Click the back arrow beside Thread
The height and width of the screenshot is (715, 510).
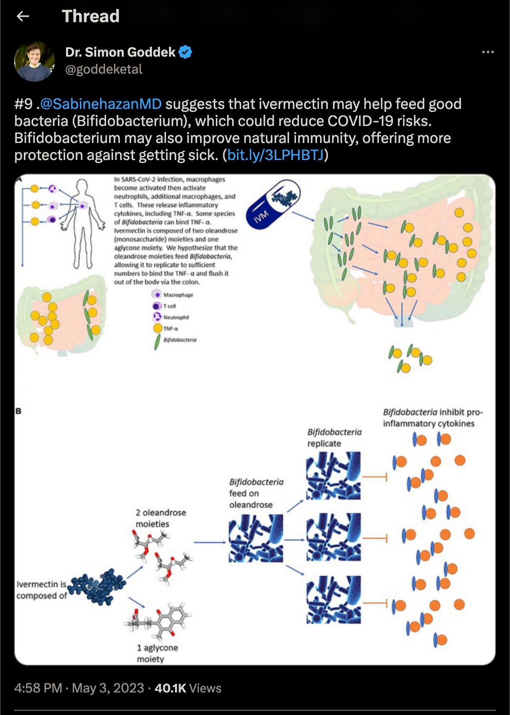[23, 17]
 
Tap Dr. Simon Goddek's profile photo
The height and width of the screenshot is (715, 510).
[34, 61]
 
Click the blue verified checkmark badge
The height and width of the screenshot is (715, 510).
[185, 52]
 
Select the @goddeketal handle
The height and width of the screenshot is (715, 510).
[104, 69]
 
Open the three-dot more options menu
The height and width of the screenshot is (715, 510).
[487, 52]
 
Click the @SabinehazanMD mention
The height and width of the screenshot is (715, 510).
[101, 104]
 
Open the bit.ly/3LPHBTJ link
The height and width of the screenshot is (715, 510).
[275, 155]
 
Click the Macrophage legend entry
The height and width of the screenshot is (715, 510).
[173, 295]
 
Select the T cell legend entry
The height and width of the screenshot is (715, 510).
[165, 306]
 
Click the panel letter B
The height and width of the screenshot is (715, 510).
[18, 411]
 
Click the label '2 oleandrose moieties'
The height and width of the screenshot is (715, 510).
[160, 518]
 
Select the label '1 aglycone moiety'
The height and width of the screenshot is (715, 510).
[157, 653]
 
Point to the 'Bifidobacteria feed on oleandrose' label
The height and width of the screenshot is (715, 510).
[256, 493]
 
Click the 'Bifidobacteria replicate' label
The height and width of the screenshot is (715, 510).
[334, 438]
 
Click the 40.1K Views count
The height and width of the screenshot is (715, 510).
[188, 688]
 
